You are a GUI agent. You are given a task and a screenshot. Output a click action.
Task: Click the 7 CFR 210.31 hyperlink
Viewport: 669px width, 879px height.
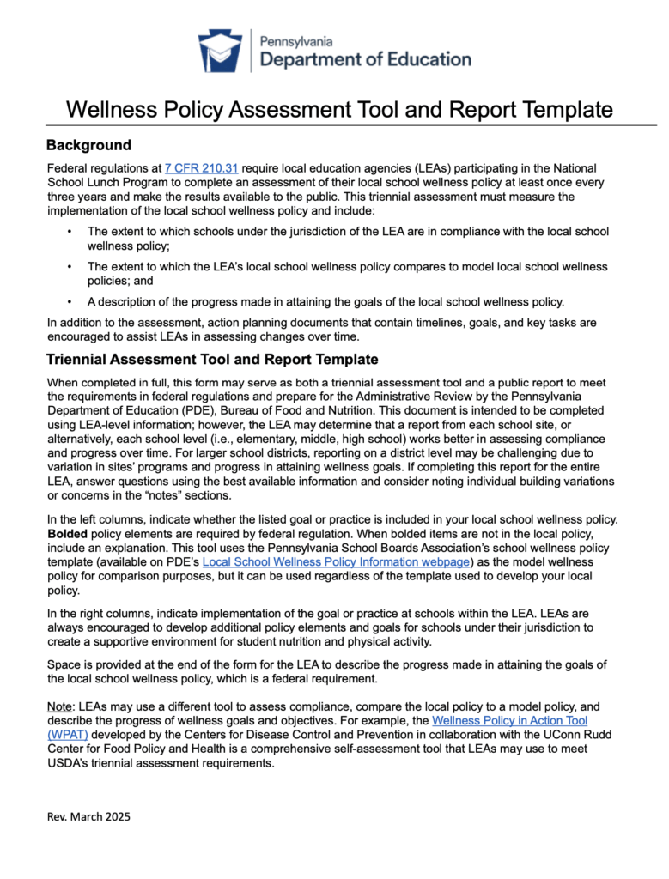pyautogui.click(x=198, y=167)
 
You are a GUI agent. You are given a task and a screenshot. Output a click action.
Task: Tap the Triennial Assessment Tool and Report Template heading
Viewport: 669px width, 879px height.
pyautogui.click(x=212, y=359)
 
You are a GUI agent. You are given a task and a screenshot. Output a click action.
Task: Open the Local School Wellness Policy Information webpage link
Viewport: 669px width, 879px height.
pyautogui.click(x=336, y=561)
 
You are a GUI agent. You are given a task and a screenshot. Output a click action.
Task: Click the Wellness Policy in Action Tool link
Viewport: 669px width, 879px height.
pyautogui.click(x=509, y=721)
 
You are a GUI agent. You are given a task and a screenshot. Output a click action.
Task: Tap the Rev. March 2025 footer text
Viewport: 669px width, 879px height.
pyautogui.click(x=88, y=817)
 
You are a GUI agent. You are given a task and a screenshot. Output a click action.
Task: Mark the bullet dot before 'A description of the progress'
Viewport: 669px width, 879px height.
pyautogui.click(x=69, y=302)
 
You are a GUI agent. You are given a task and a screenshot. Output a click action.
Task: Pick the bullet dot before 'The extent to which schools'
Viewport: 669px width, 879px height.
pyautogui.click(x=69, y=232)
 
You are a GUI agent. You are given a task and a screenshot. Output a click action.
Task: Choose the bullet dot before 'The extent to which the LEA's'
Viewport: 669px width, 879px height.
pyautogui.click(x=69, y=267)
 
